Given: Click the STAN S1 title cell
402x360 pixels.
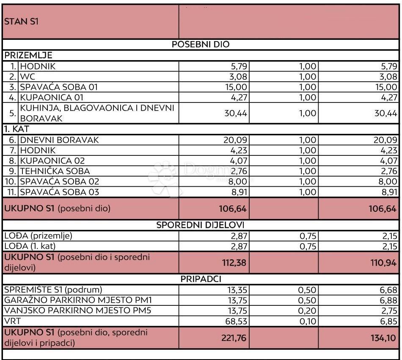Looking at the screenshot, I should click(21, 22).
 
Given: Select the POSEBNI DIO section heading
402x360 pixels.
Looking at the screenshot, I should click(201, 44).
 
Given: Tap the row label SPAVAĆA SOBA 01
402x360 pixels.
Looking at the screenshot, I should click(59, 87).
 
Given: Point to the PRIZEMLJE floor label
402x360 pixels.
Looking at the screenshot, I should click(28, 55).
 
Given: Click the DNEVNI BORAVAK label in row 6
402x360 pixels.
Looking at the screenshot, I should click(60, 140).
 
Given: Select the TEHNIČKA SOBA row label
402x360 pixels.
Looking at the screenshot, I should click(55, 171).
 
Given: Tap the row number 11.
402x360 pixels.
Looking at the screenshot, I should click(12, 192).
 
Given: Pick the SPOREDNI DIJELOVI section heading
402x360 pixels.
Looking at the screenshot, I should click(201, 225).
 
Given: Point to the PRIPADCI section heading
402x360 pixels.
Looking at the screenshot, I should click(201, 279).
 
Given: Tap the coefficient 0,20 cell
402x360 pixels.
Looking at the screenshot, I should click(308, 311).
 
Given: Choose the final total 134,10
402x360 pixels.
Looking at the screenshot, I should click(384, 338).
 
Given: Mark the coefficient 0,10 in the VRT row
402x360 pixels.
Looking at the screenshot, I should click(308, 321).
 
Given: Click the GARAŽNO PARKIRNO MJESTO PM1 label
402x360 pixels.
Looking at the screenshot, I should click(78, 300).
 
